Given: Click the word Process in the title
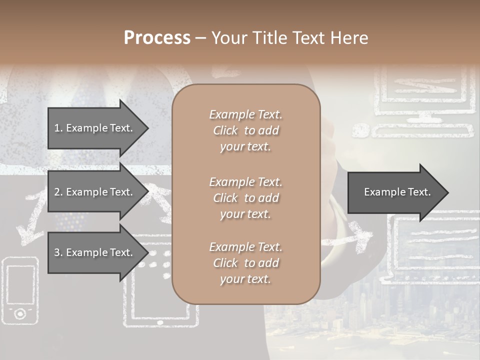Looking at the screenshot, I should click(x=157, y=38).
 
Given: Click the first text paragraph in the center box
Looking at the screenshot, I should click(x=245, y=130).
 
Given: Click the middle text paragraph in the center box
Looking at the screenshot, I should click(x=245, y=197).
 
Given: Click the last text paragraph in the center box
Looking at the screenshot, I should click(x=245, y=263).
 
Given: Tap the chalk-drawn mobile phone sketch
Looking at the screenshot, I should click(x=20, y=290).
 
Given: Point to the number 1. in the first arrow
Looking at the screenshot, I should click(x=58, y=128).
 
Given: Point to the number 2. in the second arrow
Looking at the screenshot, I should click(x=58, y=192).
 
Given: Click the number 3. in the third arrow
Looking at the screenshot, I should click(x=58, y=252).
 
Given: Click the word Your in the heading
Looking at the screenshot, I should click(x=228, y=38).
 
